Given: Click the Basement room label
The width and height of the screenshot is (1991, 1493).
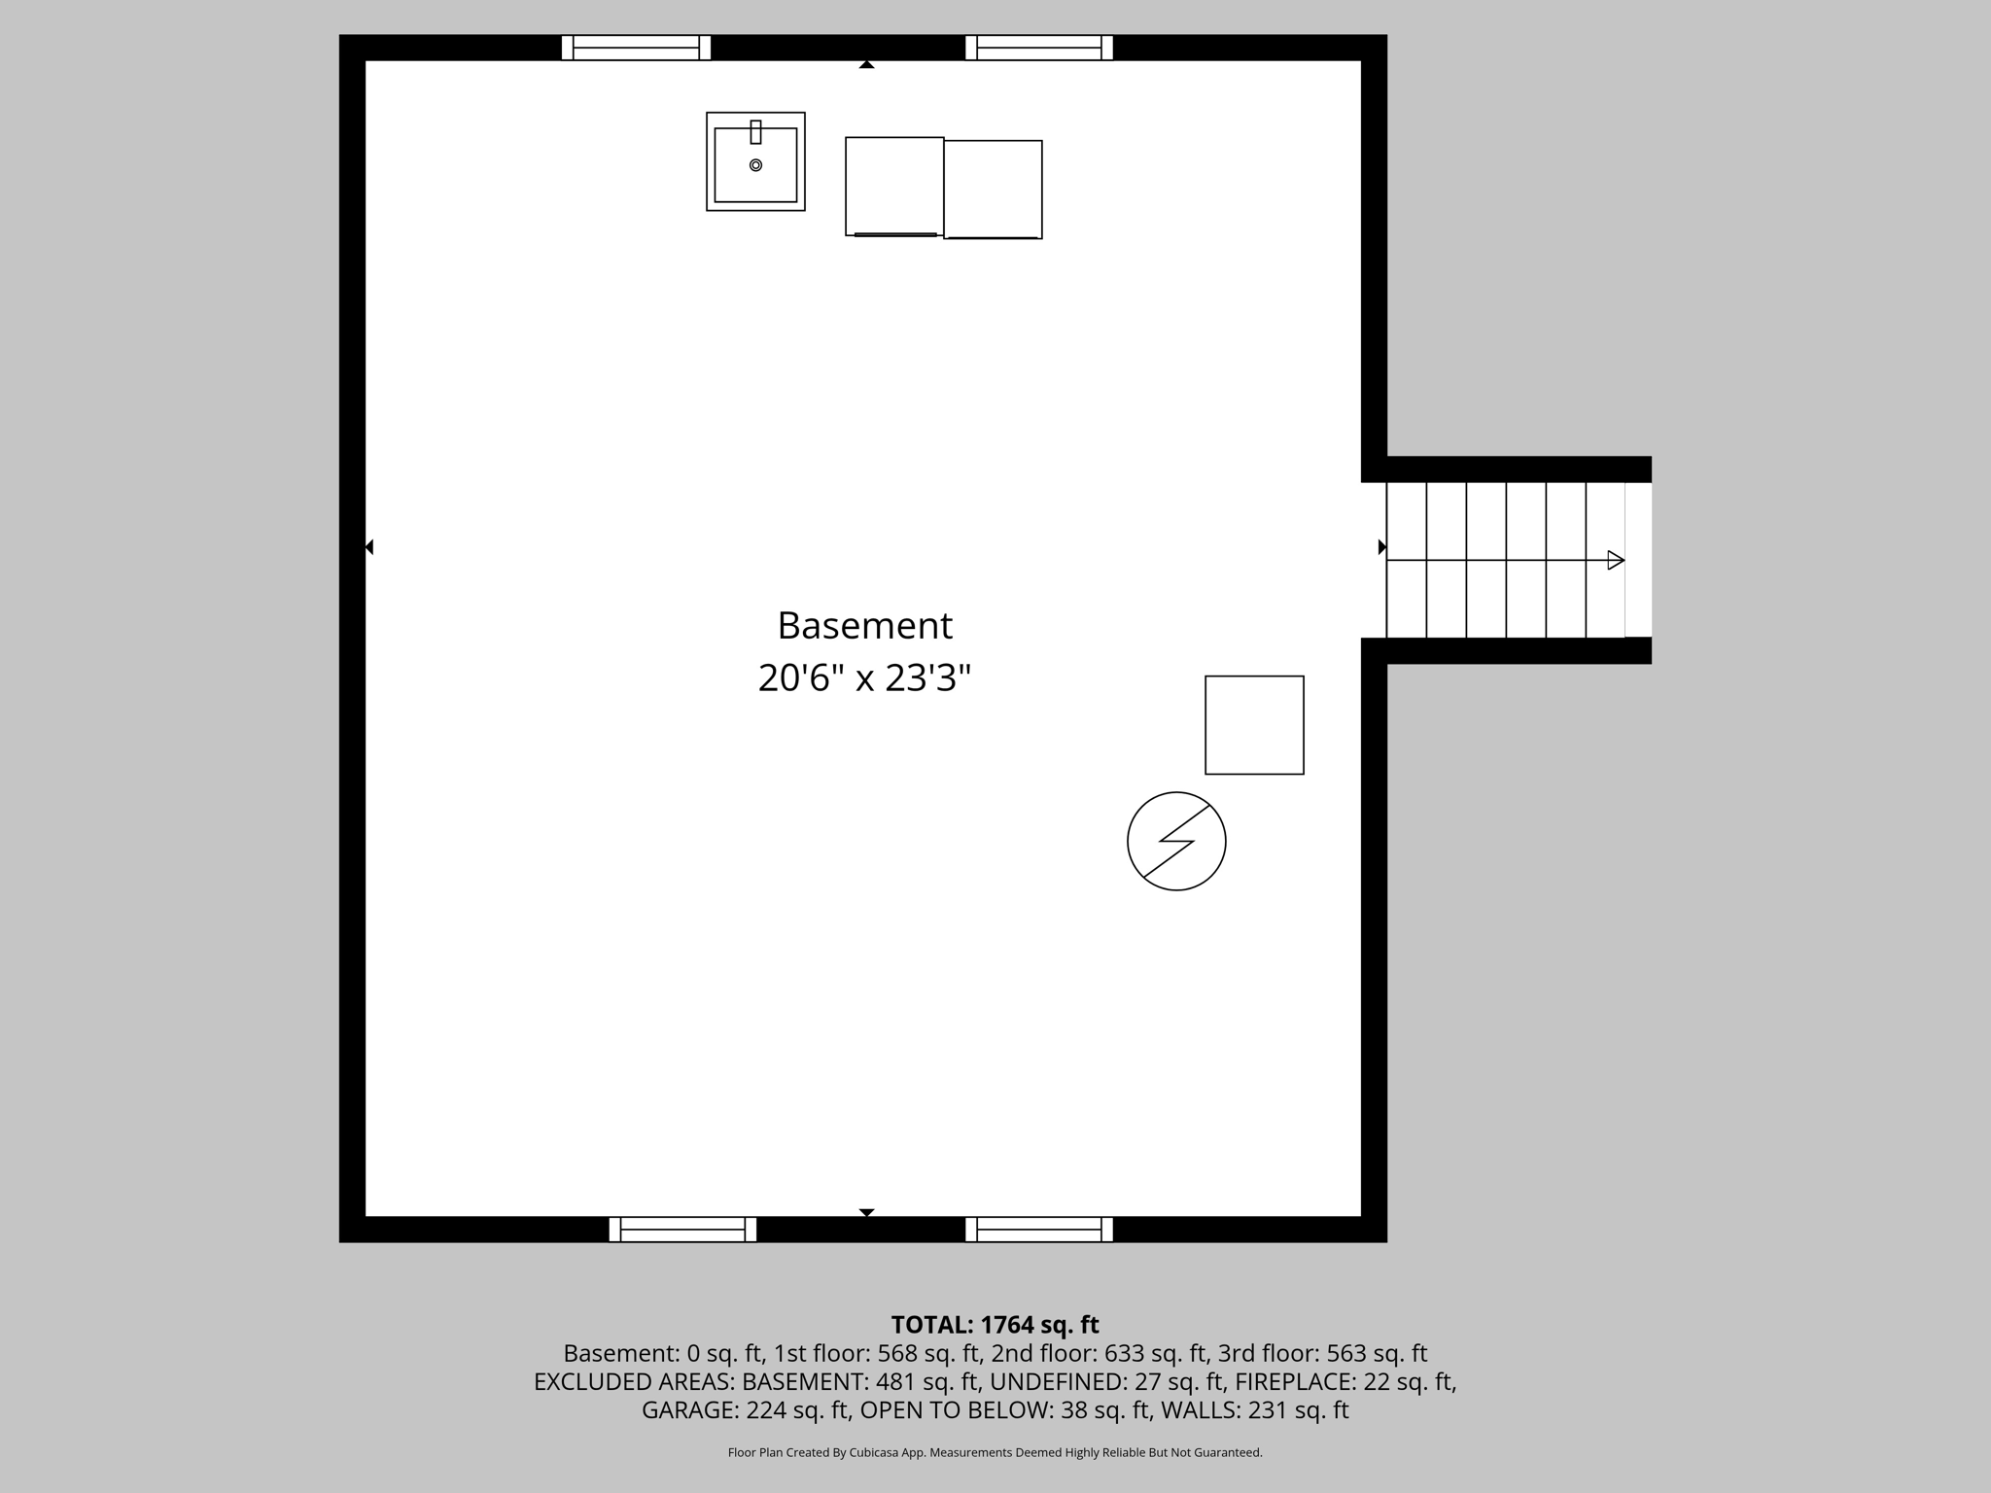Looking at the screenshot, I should click(864, 626).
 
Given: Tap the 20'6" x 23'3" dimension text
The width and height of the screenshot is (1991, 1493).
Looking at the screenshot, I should click(864, 678).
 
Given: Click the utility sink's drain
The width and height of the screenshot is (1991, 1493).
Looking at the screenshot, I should click(755, 165).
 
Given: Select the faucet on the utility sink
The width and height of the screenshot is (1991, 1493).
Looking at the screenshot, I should click(755, 132).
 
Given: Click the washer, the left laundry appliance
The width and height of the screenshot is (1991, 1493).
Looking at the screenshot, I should click(894, 187).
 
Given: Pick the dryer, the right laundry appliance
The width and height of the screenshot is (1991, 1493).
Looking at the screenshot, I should click(993, 190).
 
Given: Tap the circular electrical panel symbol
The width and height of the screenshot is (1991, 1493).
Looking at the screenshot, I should click(1176, 841).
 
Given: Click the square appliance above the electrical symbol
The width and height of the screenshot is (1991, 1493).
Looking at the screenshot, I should click(1254, 725).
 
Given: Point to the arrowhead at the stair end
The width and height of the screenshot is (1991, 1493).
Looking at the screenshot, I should click(1616, 560).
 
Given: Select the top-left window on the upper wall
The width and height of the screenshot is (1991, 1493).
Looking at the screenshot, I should click(636, 48).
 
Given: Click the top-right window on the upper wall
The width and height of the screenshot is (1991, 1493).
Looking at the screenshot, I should click(1039, 48).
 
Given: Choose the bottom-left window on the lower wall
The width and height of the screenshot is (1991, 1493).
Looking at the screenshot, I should click(682, 1230).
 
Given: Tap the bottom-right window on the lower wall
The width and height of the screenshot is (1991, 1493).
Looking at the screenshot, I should click(1039, 1230).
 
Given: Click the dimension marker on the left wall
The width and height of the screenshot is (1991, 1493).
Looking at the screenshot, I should click(369, 547).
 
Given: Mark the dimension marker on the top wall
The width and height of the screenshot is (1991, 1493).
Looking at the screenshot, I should click(866, 65).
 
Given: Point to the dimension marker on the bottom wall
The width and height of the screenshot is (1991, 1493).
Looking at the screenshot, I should click(866, 1212).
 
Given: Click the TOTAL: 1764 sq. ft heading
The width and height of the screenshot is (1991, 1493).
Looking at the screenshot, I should click(995, 1325).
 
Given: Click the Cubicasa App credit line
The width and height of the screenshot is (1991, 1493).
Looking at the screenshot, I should click(995, 1453).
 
